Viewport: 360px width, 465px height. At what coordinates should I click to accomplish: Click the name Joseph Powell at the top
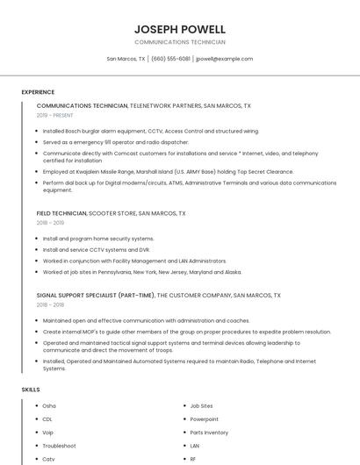[180, 29]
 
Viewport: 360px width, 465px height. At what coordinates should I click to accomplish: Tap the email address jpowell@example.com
[224, 59]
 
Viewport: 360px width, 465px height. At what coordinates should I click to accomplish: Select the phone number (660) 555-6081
[170, 59]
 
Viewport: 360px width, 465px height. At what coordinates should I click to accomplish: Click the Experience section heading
[38, 92]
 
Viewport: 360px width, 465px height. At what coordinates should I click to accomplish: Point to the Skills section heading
[31, 389]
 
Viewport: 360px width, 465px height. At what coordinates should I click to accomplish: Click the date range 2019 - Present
[55, 115]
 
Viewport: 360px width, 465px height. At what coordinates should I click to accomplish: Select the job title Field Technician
[61, 213]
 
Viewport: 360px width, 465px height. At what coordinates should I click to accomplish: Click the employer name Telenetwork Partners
[164, 105]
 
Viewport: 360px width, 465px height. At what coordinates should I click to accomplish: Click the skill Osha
[49, 406]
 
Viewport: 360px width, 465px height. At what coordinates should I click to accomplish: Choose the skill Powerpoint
[204, 419]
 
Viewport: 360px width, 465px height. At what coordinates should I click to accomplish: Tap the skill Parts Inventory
[209, 433]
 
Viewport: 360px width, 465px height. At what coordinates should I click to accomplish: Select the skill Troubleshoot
[59, 446]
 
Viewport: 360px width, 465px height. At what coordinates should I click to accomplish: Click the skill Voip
[48, 433]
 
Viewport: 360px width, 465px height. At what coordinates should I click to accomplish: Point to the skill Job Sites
[202, 406]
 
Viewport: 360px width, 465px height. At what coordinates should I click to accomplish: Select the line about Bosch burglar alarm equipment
[151, 131]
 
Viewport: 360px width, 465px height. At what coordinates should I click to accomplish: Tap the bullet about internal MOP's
[186, 332]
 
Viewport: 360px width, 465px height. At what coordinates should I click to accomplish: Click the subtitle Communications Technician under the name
[180, 42]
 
